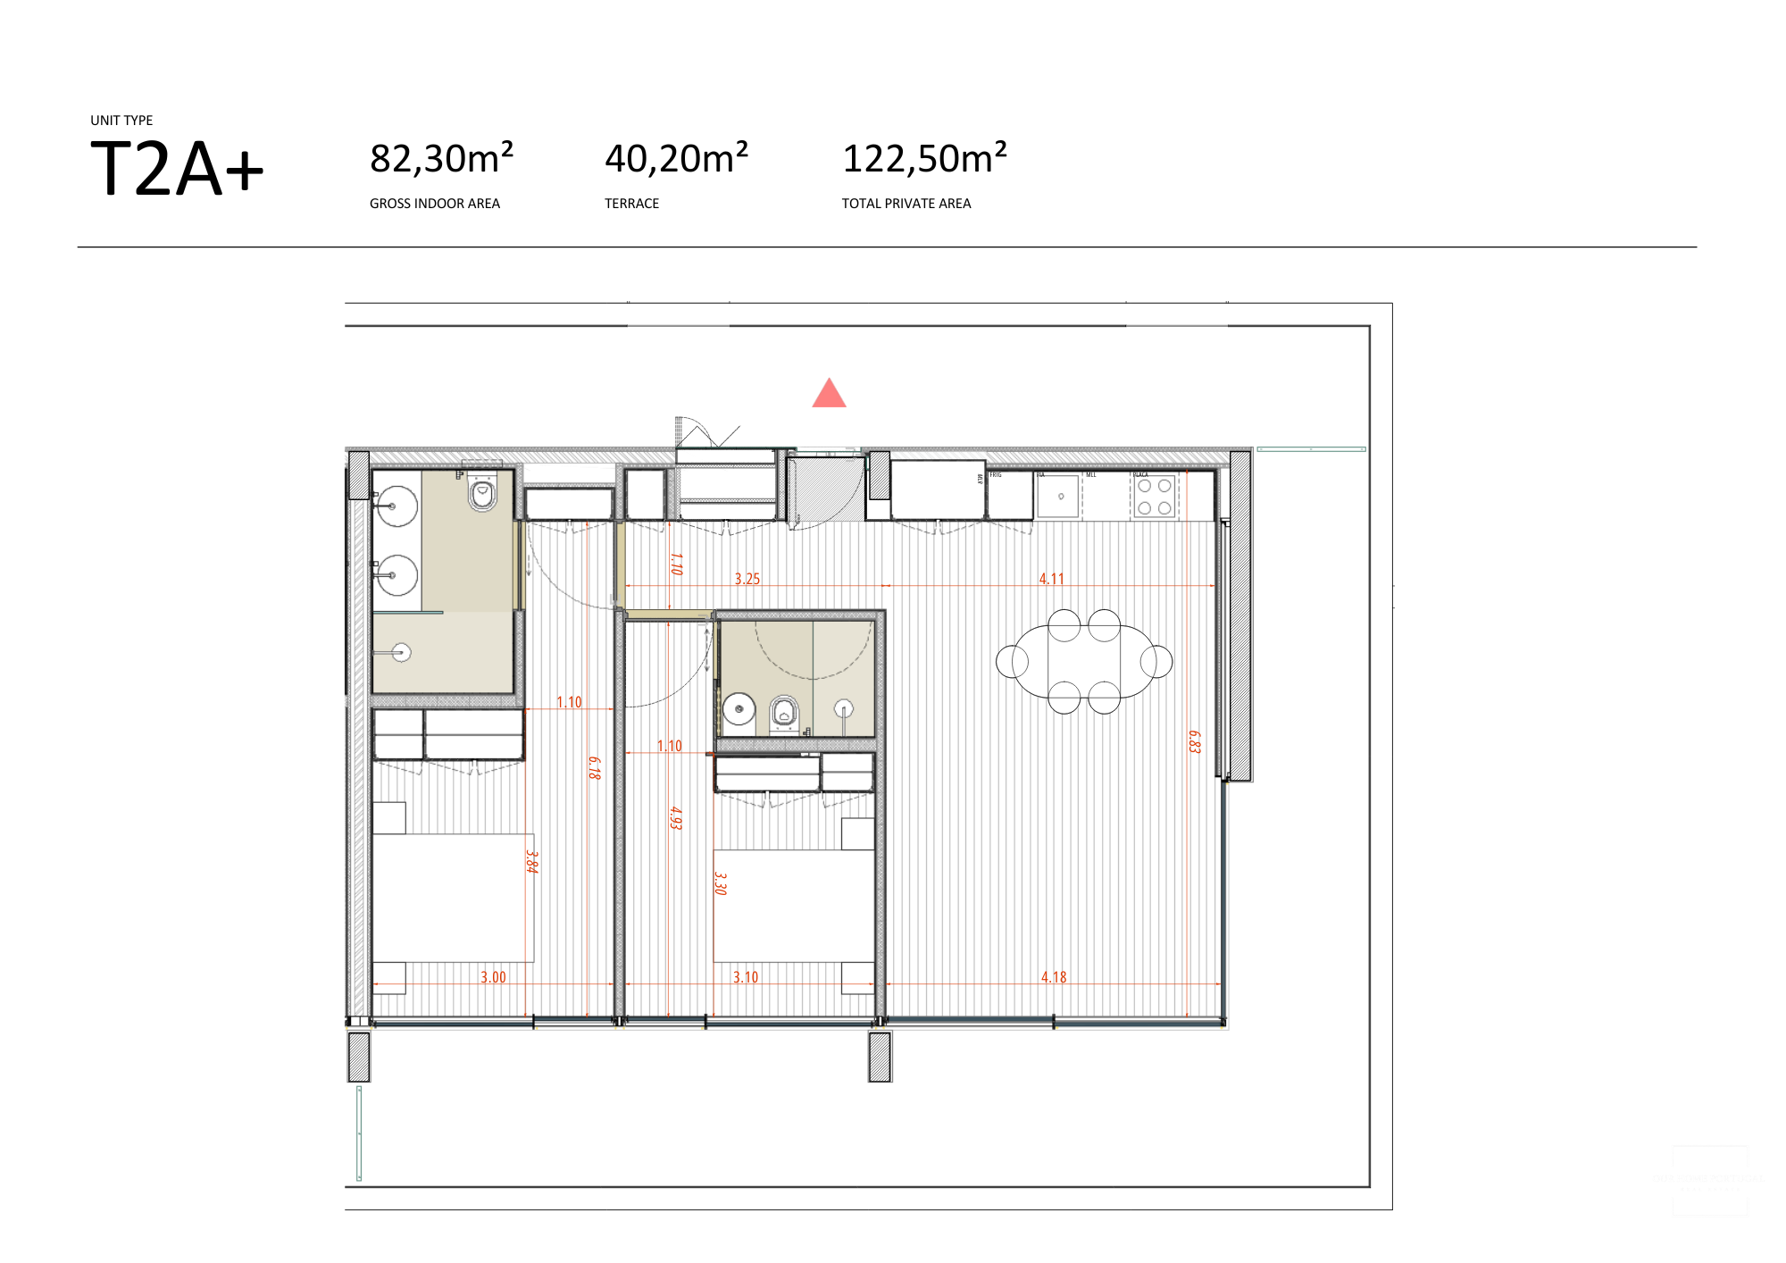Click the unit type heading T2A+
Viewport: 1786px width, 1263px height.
point(177,169)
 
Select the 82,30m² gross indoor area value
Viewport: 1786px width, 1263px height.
point(441,159)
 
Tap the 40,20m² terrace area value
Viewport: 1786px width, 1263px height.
point(676,159)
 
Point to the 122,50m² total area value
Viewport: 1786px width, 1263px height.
point(924,159)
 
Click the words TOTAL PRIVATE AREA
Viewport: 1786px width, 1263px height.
point(906,204)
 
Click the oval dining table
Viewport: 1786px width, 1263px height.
point(1083,662)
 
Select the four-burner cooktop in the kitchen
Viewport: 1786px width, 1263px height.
point(1154,497)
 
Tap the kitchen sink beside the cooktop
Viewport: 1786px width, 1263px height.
point(1060,496)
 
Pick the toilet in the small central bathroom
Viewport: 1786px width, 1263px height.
point(784,712)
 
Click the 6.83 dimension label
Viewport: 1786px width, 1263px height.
point(1195,741)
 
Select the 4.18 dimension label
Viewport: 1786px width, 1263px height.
point(1054,977)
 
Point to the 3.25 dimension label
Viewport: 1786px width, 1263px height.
point(747,579)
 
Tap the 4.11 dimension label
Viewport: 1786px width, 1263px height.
point(1051,579)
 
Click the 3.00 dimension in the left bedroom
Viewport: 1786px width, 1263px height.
point(493,977)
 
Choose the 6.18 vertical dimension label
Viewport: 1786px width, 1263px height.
point(595,767)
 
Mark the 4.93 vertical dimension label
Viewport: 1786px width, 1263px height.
point(676,817)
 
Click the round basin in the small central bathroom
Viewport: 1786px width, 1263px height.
point(739,709)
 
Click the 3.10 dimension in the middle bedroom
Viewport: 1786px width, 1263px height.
point(745,977)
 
